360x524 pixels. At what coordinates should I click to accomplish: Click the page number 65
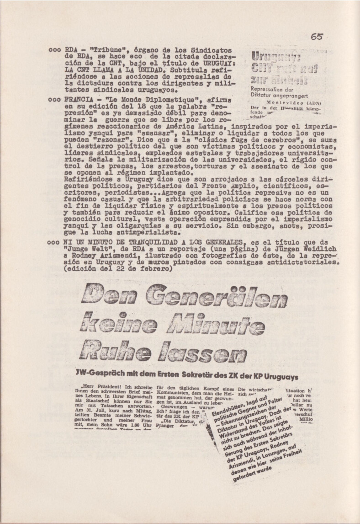[x=317, y=37]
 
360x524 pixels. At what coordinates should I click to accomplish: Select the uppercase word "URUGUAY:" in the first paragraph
[x=214, y=64]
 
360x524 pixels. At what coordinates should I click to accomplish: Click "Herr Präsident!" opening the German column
[x=98, y=392]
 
